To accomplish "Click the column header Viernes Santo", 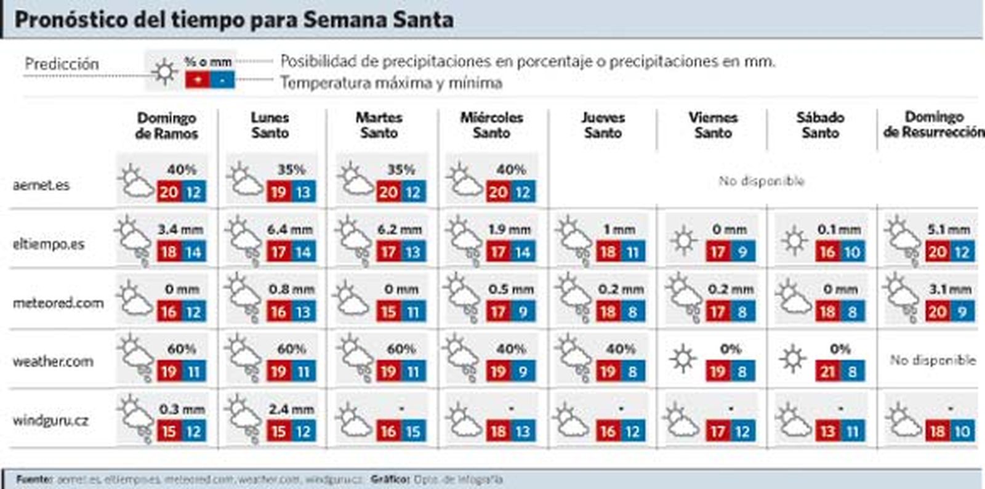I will tap(713, 125).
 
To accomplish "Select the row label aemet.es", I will tap(41, 185).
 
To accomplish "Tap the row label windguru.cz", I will tap(50, 421).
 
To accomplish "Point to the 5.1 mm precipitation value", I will tap(949, 230).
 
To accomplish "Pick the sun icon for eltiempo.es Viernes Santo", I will tap(683, 240).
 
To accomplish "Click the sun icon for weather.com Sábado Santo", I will tap(792, 359).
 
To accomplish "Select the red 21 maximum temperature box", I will tap(828, 371).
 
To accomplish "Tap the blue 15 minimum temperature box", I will tap(413, 431).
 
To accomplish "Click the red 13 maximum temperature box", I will tap(828, 431).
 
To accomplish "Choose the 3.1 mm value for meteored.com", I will tap(950, 289).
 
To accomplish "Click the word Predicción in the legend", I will tap(62, 64).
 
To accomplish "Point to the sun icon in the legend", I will tap(164, 72).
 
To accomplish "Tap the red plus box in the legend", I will tap(197, 80).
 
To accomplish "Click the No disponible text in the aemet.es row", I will tap(762, 181).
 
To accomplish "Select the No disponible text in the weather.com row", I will tap(933, 360).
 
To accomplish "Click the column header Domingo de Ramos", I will tap(167, 126).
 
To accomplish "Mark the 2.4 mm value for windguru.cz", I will tap(291, 409).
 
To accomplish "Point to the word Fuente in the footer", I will tap(34, 479).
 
